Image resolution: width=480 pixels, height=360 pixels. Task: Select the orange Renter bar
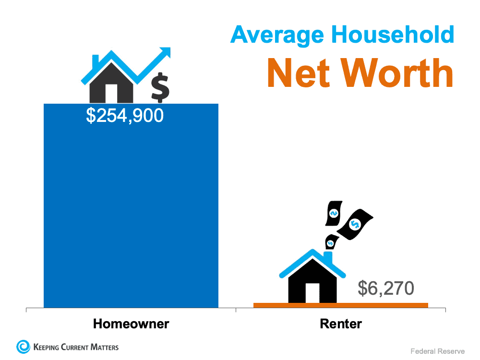coord(340,305)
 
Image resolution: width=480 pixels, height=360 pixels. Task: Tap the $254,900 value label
coord(125,116)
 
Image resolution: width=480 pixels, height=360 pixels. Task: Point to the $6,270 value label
coord(385,288)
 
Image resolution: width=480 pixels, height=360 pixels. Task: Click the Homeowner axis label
coord(131,324)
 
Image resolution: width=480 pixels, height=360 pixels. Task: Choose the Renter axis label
coord(341,324)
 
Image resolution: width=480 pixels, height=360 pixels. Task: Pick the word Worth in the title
coord(398,73)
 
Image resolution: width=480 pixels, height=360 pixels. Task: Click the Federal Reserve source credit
coord(437,351)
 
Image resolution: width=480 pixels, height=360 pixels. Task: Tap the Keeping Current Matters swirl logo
coord(23,347)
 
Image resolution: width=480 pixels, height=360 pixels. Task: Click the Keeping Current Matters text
coord(76,347)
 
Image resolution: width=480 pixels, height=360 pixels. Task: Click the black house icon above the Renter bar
coord(312,283)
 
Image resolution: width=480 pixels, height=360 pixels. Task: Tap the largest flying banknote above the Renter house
coord(355,224)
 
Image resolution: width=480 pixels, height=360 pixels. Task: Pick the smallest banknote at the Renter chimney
coord(330,243)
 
